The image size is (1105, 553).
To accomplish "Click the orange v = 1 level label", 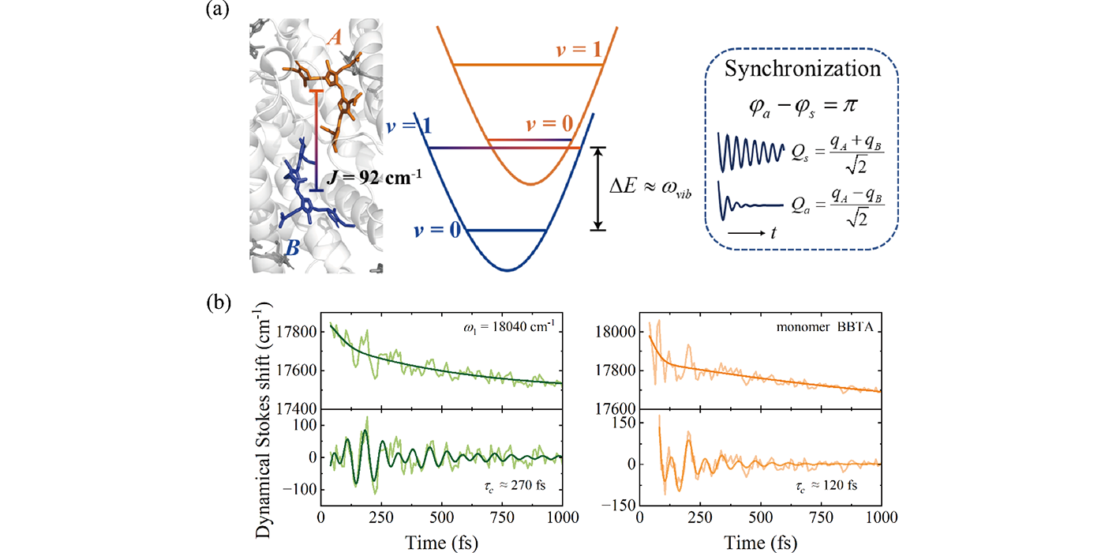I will (579, 49).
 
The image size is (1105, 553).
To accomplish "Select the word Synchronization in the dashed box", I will (803, 69).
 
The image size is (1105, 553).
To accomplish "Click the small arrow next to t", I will (745, 233).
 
